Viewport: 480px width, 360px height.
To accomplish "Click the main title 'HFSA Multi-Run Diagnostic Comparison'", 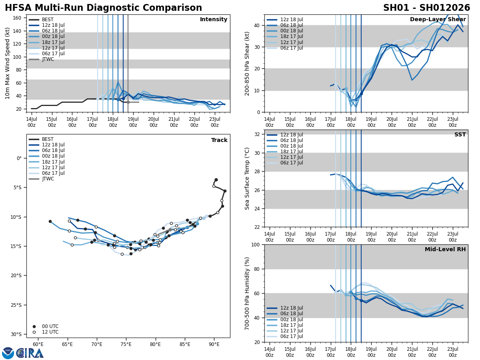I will tap(103, 8).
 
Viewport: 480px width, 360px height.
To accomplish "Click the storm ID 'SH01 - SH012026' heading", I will tap(426, 8).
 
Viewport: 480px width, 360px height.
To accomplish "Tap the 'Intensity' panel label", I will tap(214, 20).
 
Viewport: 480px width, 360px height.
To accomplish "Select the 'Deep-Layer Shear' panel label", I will tap(438, 20).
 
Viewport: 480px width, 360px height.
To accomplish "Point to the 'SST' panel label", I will tap(460, 135).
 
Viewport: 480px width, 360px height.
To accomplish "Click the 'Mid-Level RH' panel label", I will tap(444, 250).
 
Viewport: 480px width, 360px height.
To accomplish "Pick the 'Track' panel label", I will tap(219, 140).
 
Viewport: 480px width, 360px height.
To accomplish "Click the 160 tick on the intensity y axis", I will tap(17, 18).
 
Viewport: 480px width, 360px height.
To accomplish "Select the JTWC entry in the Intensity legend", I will tap(48, 59).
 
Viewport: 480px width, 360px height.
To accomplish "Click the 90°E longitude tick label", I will tap(214, 344).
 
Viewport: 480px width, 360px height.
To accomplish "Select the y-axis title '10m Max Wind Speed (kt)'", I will tap(7, 63).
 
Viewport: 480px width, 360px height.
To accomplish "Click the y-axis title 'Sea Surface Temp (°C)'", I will tap(248, 178).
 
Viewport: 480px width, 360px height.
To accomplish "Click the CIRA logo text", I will tap(30, 353).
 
